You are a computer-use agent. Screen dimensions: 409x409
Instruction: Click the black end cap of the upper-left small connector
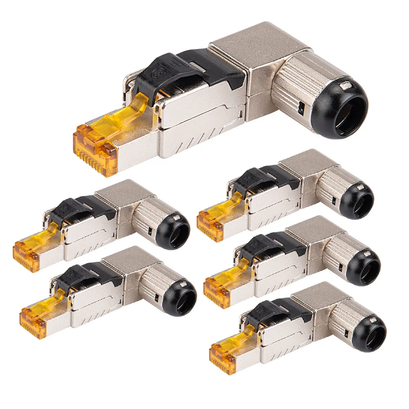click(174, 231)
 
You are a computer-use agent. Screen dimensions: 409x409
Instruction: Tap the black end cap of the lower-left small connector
click(180, 298)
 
